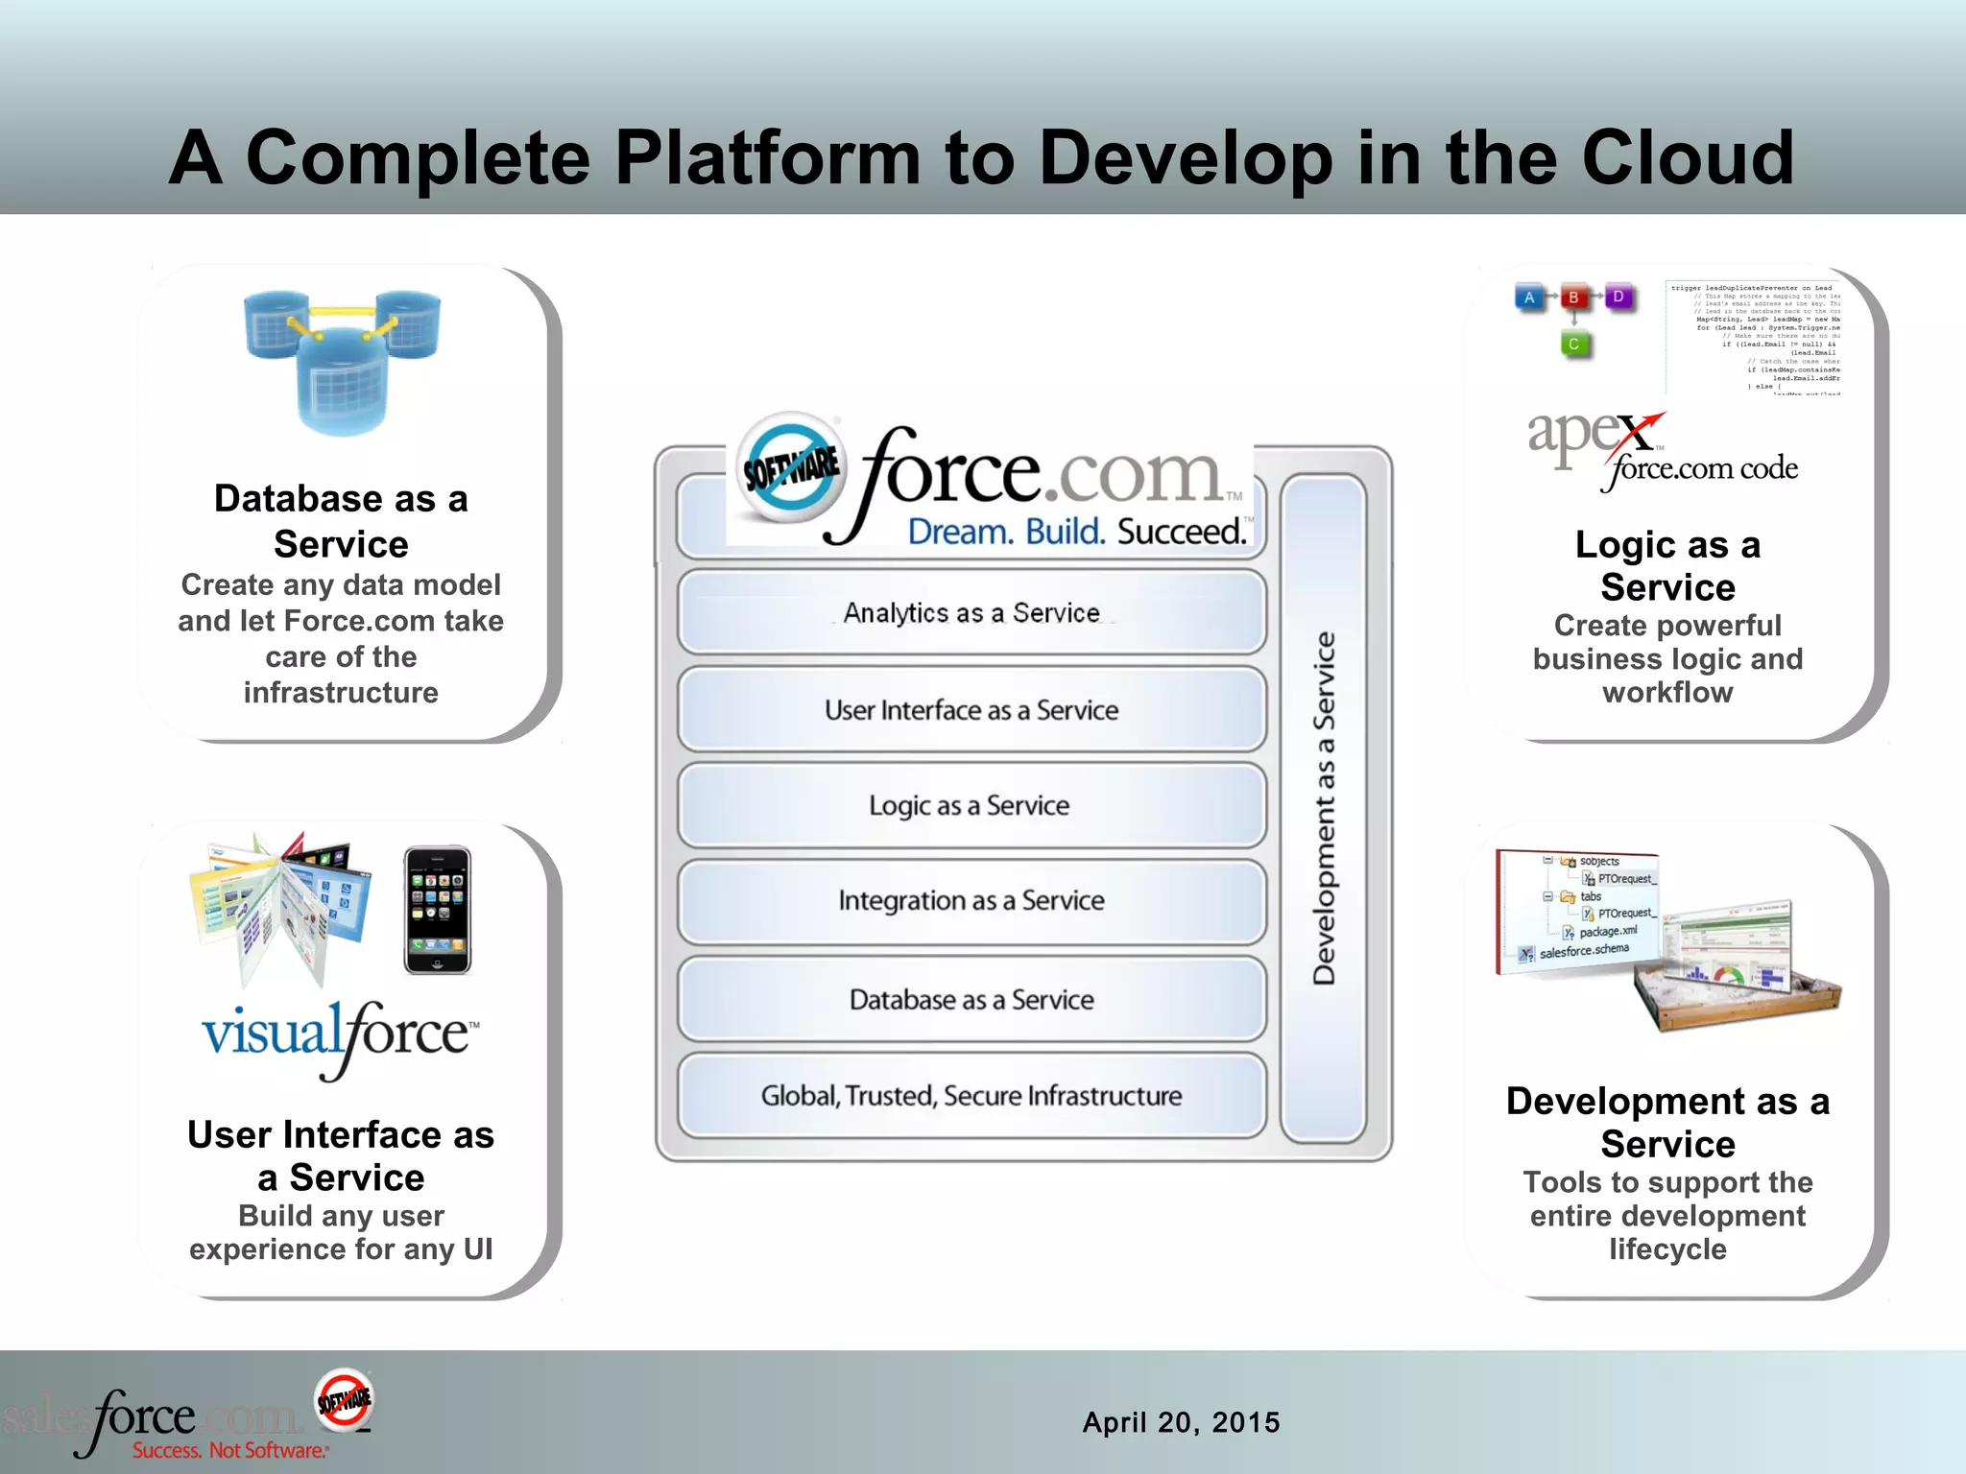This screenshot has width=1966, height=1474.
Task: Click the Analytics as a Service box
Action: (x=971, y=612)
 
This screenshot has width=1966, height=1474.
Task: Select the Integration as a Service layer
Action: (x=971, y=901)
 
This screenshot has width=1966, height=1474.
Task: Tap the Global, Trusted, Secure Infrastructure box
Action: (x=971, y=1096)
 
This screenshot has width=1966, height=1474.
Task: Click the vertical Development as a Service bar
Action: (x=1324, y=808)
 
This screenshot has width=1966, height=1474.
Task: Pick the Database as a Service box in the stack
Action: (x=971, y=1000)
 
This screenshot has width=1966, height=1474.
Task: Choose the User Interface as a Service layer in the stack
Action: (x=971, y=710)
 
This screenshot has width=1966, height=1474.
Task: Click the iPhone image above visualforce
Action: (x=438, y=910)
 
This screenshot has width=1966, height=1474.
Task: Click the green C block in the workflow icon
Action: (x=1573, y=344)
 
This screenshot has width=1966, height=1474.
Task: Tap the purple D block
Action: (x=1618, y=297)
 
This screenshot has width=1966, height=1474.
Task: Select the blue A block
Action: (x=1529, y=297)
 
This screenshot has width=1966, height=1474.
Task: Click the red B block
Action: (x=1573, y=297)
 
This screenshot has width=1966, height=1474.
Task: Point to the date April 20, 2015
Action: (x=1181, y=1422)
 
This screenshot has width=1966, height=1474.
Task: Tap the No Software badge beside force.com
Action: (x=792, y=468)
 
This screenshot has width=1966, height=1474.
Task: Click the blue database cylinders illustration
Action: (x=342, y=361)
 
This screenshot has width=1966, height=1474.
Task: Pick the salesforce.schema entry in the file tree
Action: (x=1583, y=951)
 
